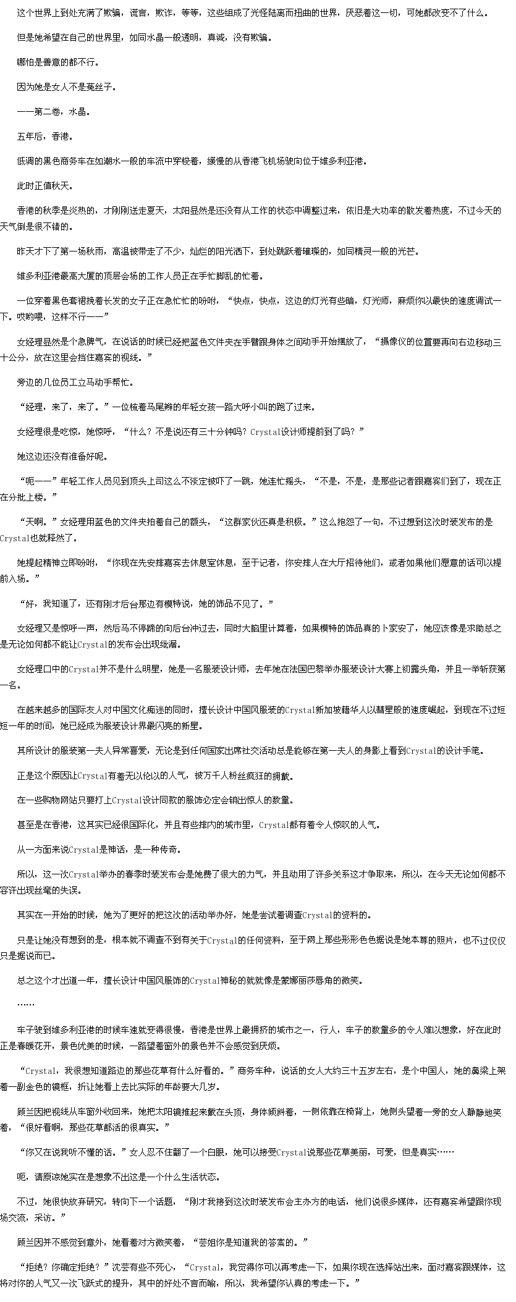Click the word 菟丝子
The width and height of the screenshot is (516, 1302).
coord(102,87)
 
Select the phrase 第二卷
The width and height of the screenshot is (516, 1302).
coord(46,111)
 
